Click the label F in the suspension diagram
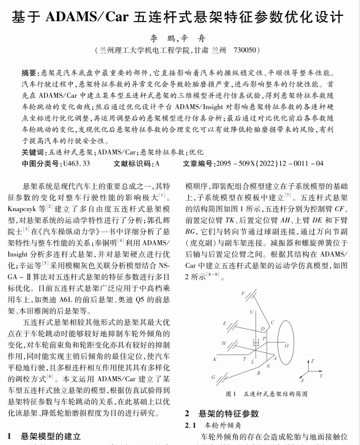(x=242, y=294)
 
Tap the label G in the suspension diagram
(x=213, y=376)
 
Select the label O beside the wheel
(x=287, y=345)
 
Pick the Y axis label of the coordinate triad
(x=322, y=376)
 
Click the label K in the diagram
(x=214, y=359)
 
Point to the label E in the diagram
(x=224, y=323)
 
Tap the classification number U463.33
(x=76, y=163)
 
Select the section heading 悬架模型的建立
(x=51, y=436)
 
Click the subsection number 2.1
(x=191, y=425)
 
